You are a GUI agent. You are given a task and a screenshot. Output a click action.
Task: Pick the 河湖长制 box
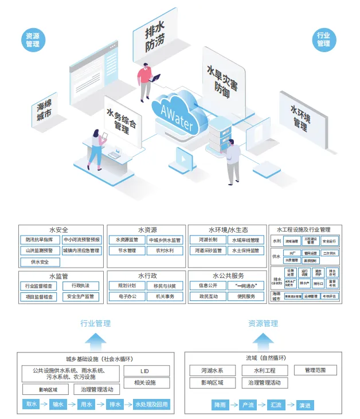(208, 240)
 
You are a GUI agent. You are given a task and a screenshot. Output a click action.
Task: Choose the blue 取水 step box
(30, 405)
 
